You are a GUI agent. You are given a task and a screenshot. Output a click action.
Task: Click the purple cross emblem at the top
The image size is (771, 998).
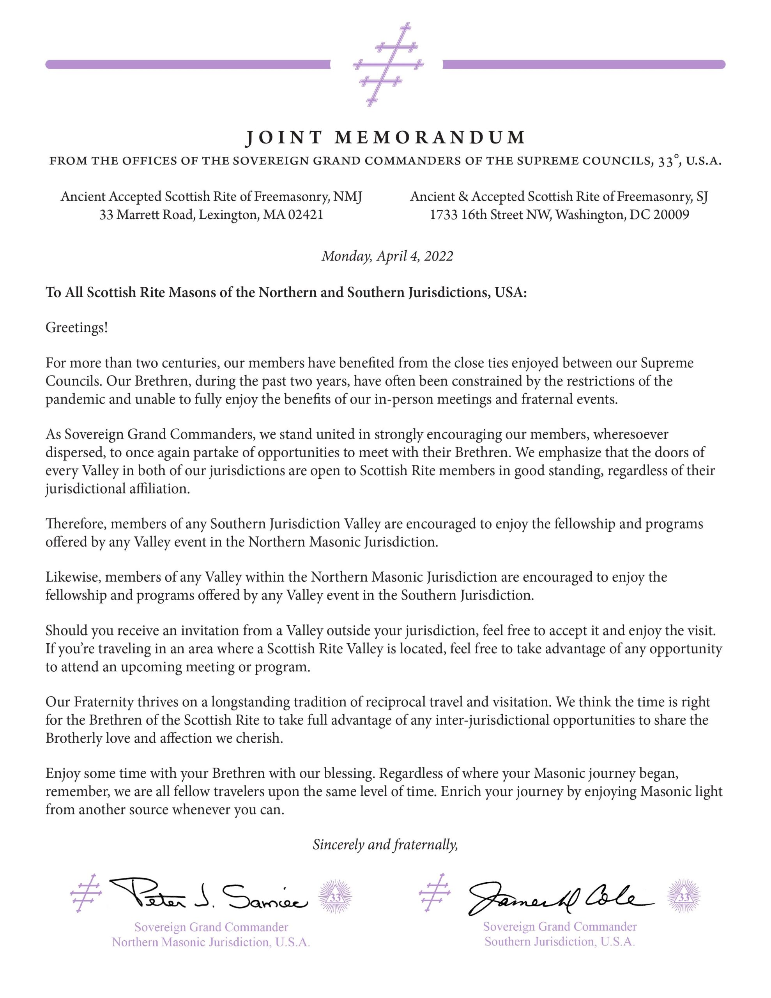click(x=387, y=64)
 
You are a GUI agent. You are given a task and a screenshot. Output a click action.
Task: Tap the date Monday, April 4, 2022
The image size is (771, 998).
click(x=387, y=256)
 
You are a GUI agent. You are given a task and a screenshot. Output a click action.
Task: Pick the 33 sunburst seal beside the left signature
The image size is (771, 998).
click(x=335, y=897)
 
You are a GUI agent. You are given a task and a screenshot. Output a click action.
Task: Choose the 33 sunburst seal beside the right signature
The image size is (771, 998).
click(x=683, y=897)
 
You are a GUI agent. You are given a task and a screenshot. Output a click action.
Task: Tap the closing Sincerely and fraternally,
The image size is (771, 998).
click(x=385, y=844)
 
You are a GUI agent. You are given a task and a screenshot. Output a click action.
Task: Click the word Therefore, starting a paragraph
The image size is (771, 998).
click(x=76, y=524)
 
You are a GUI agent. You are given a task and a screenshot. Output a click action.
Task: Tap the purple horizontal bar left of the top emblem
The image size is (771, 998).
click(x=187, y=64)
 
